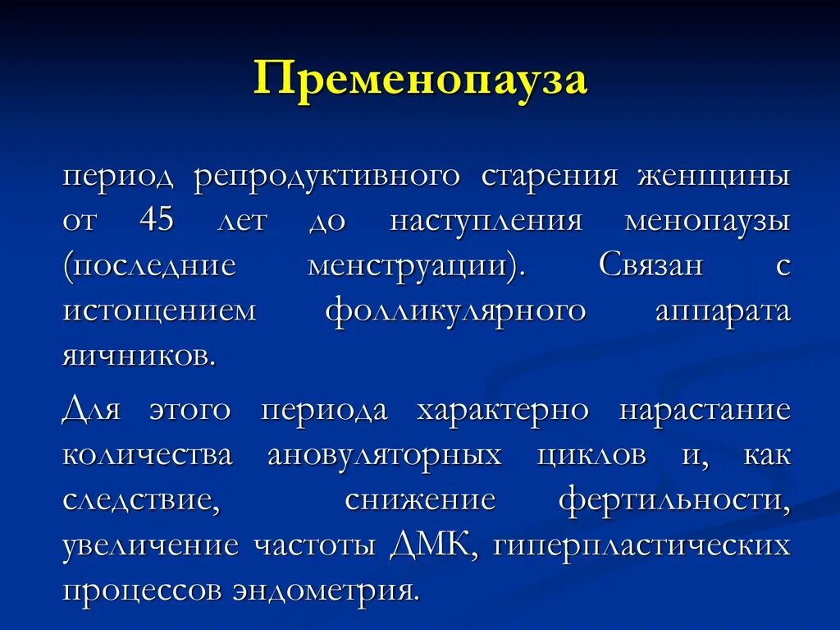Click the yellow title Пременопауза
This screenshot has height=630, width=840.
point(420,80)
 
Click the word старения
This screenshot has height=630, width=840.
point(549,177)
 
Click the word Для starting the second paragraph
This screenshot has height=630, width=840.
point(91,410)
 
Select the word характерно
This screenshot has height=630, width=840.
point(502,410)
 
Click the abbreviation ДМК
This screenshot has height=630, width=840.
point(432,545)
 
